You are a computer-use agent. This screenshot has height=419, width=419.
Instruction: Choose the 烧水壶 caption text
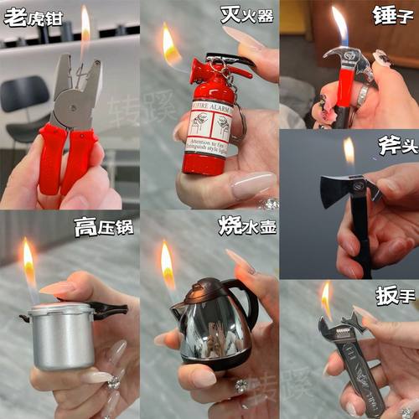[247, 225]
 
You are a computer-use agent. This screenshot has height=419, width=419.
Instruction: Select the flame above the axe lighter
[349, 153]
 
